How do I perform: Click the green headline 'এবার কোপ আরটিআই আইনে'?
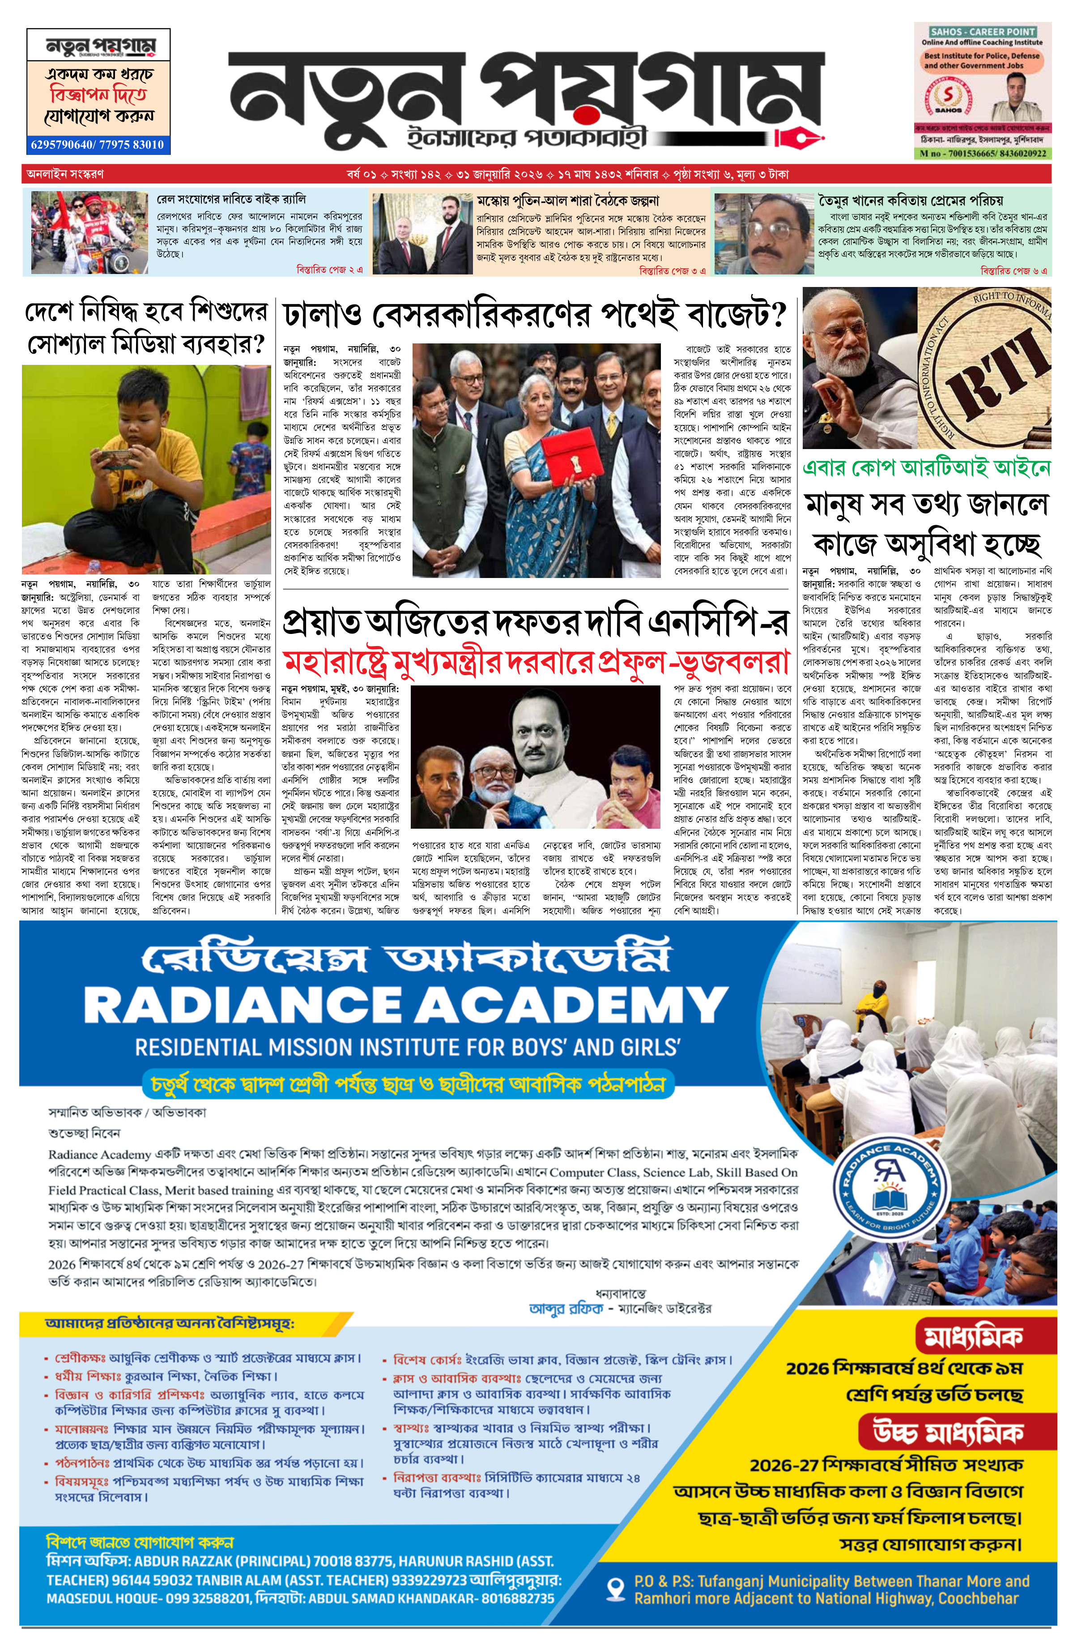[x=926, y=468]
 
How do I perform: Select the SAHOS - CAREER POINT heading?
[x=983, y=32]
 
